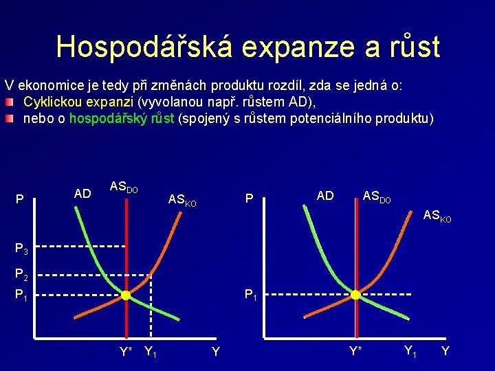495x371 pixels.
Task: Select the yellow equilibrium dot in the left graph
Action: point(126,295)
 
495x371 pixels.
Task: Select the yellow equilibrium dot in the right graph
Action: point(355,295)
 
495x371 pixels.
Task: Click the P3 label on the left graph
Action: point(22,248)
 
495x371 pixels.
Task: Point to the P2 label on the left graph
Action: point(22,276)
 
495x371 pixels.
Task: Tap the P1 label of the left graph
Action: point(22,297)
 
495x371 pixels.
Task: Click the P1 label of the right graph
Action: point(252,297)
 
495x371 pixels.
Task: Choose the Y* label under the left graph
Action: point(126,352)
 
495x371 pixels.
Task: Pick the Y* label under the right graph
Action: point(355,352)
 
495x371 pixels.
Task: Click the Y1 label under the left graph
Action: point(151,353)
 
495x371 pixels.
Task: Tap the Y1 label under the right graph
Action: point(410,352)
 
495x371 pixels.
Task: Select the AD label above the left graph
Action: point(82,194)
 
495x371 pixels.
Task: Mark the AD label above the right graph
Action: point(325,196)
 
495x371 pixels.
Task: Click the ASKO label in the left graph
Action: point(182,201)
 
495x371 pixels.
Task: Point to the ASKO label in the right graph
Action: point(437,216)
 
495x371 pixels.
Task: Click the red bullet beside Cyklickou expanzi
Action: point(8,102)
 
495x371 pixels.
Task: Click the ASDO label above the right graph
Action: point(376,197)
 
